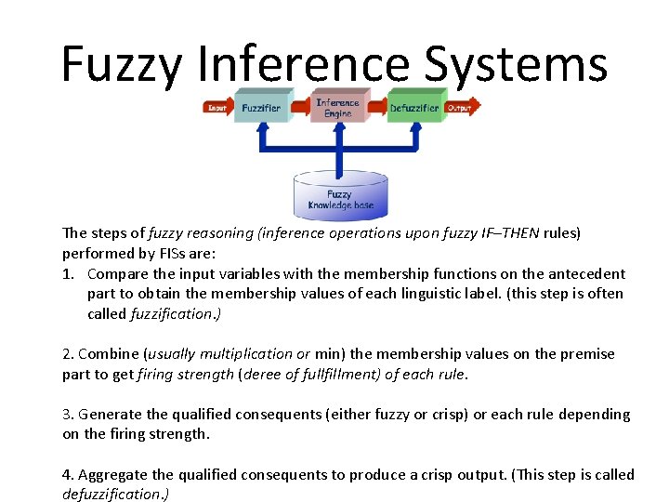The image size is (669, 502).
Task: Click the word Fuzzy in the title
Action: click(123, 65)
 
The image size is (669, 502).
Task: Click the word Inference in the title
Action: click(305, 65)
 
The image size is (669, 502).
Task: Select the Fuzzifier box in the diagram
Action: click(261, 107)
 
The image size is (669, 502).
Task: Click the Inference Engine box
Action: click(337, 108)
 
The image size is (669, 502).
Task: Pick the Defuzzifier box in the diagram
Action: click(413, 107)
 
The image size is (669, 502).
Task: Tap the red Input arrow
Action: click(217, 107)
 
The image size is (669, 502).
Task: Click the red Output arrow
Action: click(462, 107)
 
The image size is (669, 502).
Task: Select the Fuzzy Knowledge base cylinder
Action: click(340, 196)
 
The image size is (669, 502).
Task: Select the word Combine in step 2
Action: click(109, 354)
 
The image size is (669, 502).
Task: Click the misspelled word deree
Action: click(262, 375)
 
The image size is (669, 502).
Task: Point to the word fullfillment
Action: click(332, 375)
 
